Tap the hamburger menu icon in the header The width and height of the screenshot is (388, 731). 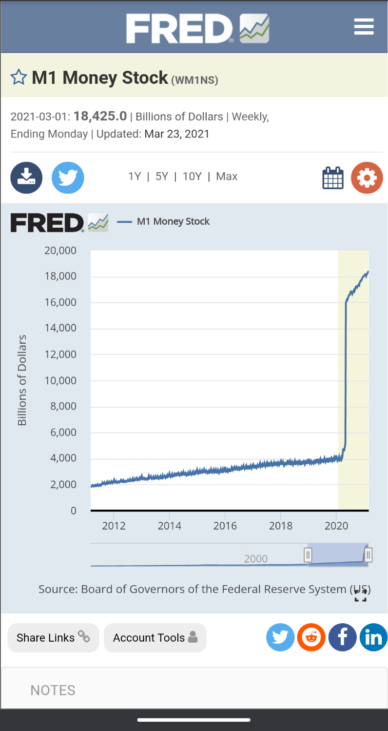click(x=364, y=26)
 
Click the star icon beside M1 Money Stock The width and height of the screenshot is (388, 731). click(x=19, y=78)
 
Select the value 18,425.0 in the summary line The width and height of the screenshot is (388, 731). click(x=100, y=117)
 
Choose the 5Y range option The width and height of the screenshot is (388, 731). click(x=162, y=177)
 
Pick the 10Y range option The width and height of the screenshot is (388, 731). click(x=192, y=177)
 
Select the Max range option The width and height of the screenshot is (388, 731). click(x=227, y=177)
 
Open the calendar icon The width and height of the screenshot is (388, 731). click(x=333, y=178)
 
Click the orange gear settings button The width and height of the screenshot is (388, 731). click(x=367, y=178)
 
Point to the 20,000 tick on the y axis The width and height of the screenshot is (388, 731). click(x=61, y=251)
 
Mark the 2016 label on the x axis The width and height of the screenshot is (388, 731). click(x=225, y=526)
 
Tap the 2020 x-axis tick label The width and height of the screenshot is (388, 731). click(x=336, y=526)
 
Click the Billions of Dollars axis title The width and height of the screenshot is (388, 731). click(x=22, y=380)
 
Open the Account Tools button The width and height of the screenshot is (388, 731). click(x=155, y=638)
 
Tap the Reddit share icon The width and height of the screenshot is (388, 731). click(x=311, y=637)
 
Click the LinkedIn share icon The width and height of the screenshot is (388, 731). click(x=373, y=637)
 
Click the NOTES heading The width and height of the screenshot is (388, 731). click(x=53, y=690)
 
